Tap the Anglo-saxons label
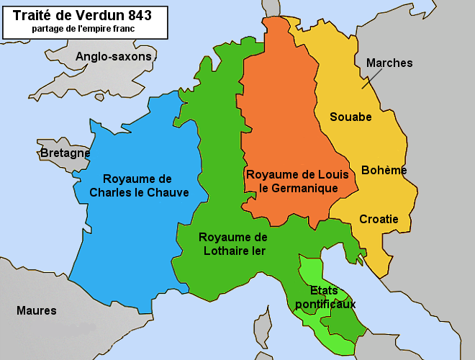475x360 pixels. (114, 56)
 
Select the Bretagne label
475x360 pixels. (65, 153)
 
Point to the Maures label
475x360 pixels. (36, 310)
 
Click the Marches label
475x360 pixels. (389, 63)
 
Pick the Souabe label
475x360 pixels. (350, 117)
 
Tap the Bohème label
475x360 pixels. (384, 171)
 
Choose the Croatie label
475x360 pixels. (379, 219)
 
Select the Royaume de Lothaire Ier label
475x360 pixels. (232, 244)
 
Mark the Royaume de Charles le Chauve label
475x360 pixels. (139, 186)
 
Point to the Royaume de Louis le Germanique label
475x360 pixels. (297, 181)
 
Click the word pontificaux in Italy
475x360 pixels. (325, 305)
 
